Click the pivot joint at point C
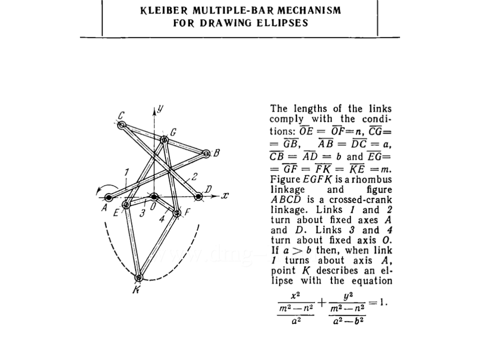point(123,125)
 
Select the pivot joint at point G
point(164,139)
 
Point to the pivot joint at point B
point(206,153)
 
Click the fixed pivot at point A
point(109,197)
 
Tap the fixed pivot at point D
point(198,196)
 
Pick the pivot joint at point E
point(126,205)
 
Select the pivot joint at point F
point(177,213)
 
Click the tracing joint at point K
point(138,276)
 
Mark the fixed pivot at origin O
point(154,197)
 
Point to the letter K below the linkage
point(135,290)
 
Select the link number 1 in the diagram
point(127,172)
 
